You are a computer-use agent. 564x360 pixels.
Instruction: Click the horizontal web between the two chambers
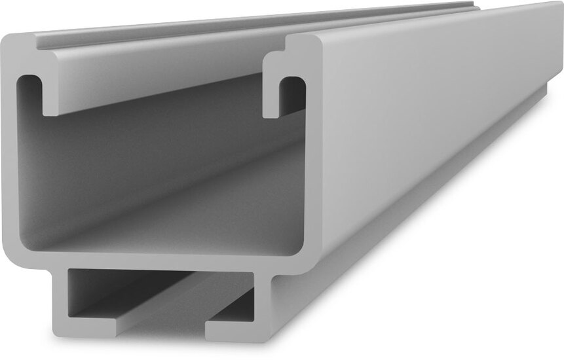click(x=164, y=260)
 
